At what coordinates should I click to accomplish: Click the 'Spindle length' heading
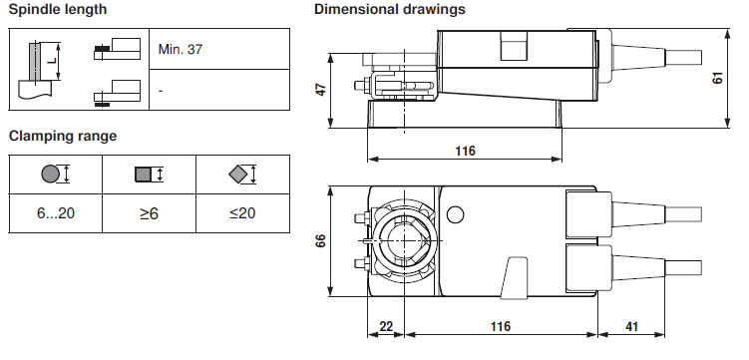(x=58, y=10)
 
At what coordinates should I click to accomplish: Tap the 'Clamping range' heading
(x=63, y=136)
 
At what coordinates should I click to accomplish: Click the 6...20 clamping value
(x=56, y=213)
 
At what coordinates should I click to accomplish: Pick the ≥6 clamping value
(x=149, y=213)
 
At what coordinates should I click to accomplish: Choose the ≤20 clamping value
(x=242, y=213)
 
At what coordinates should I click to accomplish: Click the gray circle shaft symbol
(x=50, y=174)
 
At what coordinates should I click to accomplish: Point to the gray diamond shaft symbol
(x=238, y=175)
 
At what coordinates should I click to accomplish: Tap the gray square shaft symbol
(x=144, y=175)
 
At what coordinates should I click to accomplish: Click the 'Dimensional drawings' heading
(x=390, y=9)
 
